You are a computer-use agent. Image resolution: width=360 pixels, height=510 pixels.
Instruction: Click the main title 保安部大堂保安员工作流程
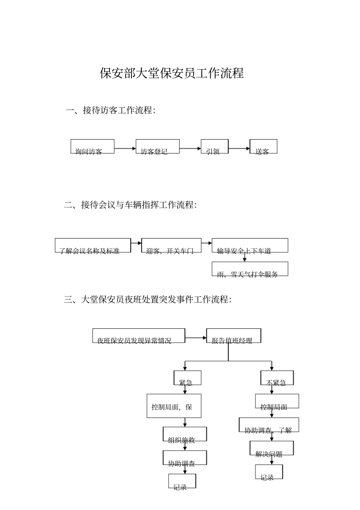click(172, 73)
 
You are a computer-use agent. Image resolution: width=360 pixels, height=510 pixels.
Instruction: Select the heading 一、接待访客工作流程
click(110, 110)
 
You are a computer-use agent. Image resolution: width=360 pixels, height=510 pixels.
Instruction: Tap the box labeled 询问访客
click(92, 146)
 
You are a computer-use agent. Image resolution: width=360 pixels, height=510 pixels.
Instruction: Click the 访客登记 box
click(157, 146)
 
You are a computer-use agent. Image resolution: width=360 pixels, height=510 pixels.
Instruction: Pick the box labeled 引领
click(214, 146)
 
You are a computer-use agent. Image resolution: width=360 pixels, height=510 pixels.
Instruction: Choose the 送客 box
click(263, 146)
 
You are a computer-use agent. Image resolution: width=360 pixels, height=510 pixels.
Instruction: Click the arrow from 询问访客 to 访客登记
click(125, 148)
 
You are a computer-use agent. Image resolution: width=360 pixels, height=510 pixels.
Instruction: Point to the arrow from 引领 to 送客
click(239, 148)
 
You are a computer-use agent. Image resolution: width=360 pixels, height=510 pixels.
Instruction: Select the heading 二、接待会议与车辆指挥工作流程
click(130, 205)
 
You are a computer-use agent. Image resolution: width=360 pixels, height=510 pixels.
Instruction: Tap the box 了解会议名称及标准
click(93, 245)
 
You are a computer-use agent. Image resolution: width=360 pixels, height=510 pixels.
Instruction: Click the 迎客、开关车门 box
click(171, 245)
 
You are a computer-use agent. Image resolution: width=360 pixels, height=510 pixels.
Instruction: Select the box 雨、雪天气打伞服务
click(250, 269)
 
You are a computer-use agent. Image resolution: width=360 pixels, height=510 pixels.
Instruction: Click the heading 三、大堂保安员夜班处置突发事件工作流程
click(148, 300)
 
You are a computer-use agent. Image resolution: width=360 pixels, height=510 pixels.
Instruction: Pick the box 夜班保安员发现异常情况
click(139, 336)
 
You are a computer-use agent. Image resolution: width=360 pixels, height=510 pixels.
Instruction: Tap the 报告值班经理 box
click(233, 336)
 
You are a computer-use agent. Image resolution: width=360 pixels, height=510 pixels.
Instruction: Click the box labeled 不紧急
click(277, 378)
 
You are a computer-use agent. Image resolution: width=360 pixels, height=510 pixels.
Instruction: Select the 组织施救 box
click(185, 434)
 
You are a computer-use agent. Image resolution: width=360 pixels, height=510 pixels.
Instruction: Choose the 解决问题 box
click(271, 448)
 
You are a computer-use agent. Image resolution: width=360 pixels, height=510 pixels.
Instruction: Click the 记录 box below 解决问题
click(269, 472)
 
